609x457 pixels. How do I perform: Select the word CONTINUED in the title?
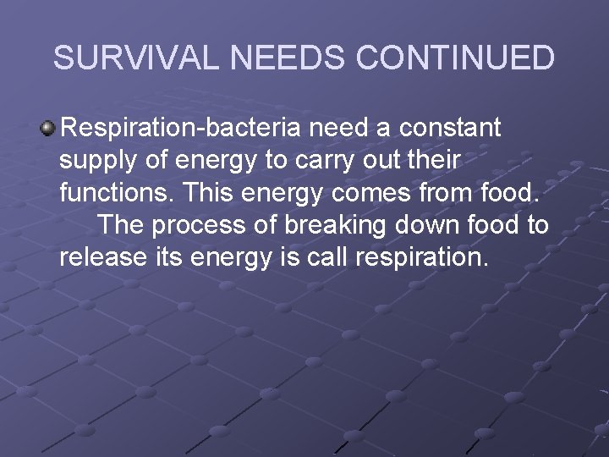[456, 58]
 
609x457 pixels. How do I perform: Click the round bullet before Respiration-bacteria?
[48, 128]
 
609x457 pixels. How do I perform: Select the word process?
[203, 226]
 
